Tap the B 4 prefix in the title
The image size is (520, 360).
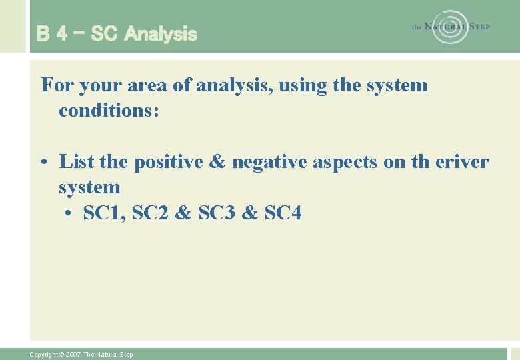(52, 33)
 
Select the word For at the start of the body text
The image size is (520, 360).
(56, 85)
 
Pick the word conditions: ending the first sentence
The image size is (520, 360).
(109, 110)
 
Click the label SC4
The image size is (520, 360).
(283, 213)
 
